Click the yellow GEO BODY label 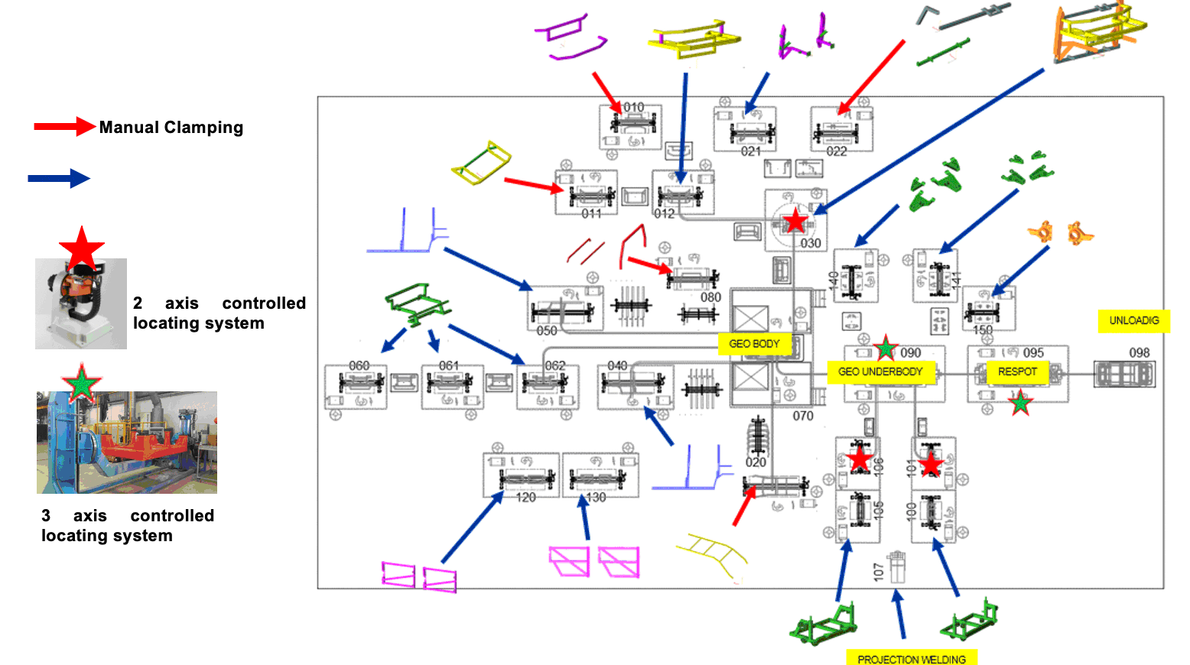(754, 344)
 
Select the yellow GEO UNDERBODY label (880, 371)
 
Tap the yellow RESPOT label (1017, 371)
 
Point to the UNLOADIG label (1134, 320)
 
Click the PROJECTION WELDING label (911, 659)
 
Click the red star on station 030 (795, 222)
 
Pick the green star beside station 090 (886, 349)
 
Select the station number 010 (633, 107)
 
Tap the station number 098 (1140, 352)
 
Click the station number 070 (803, 416)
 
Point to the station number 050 (547, 331)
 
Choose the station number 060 (359, 366)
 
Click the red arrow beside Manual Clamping (64, 127)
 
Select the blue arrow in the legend (59, 179)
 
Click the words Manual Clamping (171, 128)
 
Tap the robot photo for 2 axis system (81, 303)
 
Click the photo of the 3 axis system (127, 443)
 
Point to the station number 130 (596, 498)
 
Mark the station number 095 (1033, 353)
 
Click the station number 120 (525, 498)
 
